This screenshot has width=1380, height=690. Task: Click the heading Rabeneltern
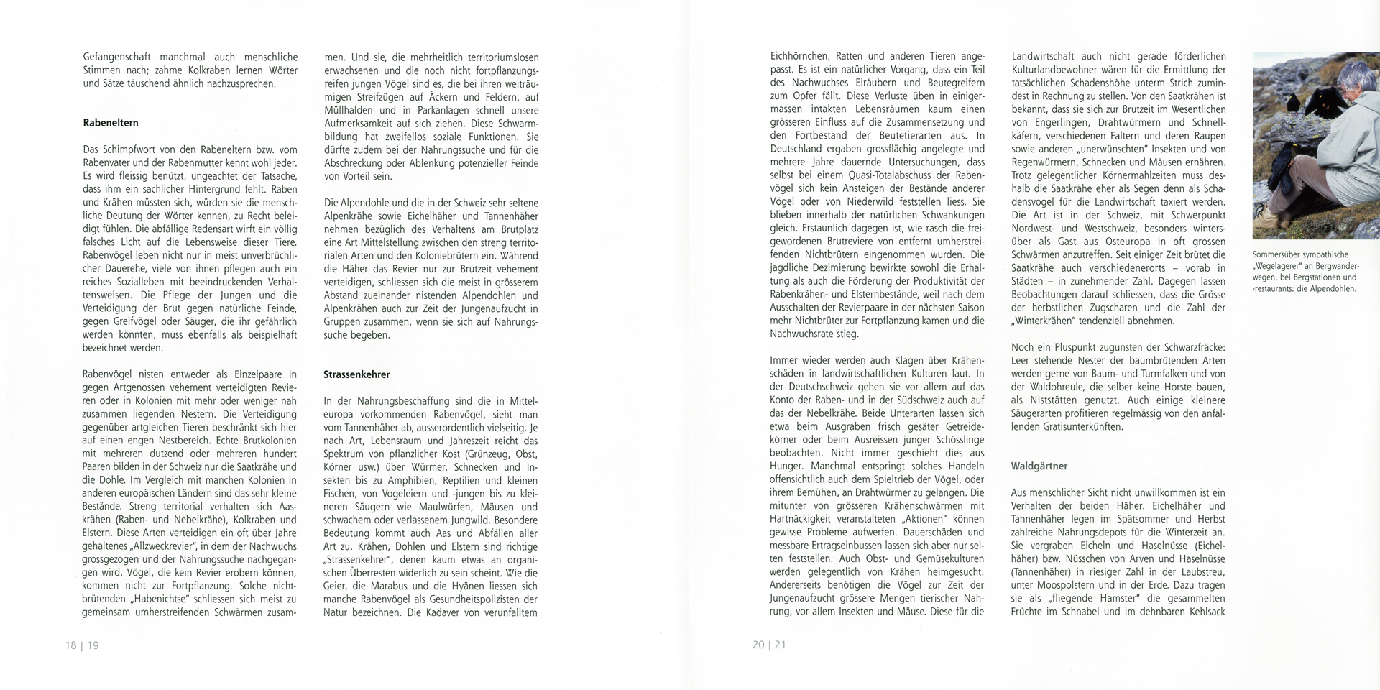click(111, 123)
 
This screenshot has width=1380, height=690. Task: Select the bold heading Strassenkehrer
click(357, 374)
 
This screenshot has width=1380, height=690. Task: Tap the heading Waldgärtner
click(1039, 466)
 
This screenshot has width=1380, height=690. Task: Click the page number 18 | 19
click(82, 645)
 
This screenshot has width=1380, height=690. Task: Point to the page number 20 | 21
click(769, 645)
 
